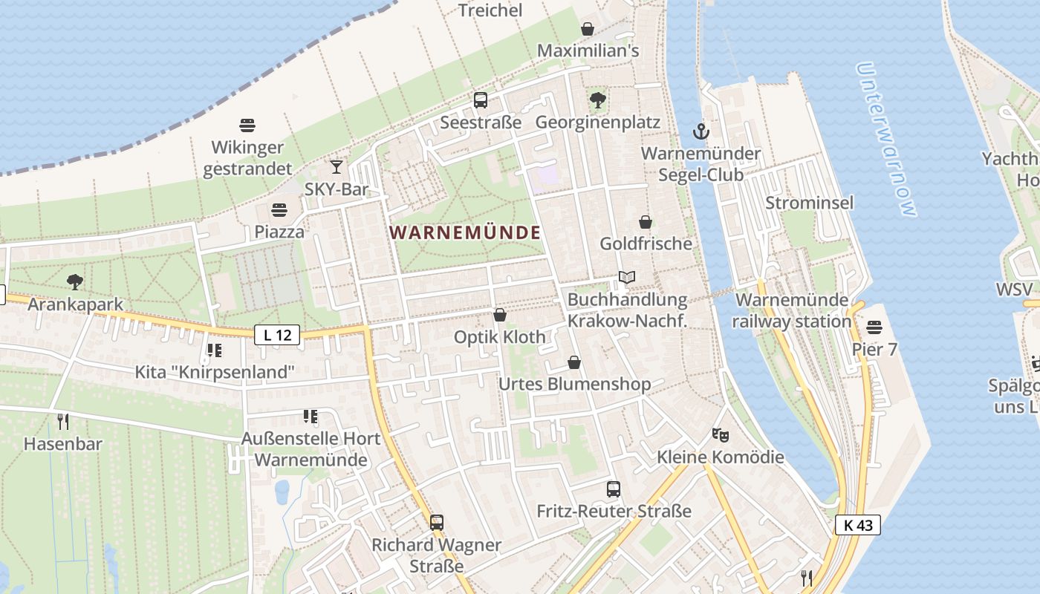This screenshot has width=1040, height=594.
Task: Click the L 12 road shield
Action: (x=278, y=335)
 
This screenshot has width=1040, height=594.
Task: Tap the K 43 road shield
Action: (x=858, y=525)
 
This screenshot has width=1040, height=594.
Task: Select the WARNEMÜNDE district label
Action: (x=465, y=232)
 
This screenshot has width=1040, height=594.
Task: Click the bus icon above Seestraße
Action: (x=481, y=100)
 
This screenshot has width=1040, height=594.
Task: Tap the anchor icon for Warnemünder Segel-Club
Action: (x=701, y=132)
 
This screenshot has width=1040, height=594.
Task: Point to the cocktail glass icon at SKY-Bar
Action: (x=337, y=167)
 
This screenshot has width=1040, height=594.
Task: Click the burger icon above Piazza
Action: (x=279, y=210)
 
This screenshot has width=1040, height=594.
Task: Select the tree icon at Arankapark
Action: (x=74, y=282)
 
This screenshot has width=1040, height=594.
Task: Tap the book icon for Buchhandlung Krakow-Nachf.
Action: (x=627, y=278)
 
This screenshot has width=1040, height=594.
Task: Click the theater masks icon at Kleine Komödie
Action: (x=719, y=434)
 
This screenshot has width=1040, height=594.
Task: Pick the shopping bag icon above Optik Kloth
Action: (x=500, y=315)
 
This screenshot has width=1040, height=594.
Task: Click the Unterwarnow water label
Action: (x=885, y=139)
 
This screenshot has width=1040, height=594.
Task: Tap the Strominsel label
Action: (x=809, y=203)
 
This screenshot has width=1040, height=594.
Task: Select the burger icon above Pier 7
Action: (x=874, y=327)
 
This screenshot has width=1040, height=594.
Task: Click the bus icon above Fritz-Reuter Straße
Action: (x=614, y=489)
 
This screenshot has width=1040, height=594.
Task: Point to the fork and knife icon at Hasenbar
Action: (x=63, y=422)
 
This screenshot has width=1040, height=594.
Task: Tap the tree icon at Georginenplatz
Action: (x=597, y=100)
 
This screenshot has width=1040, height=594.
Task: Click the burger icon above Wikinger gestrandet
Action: (x=247, y=125)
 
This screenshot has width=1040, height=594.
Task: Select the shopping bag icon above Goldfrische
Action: (x=646, y=222)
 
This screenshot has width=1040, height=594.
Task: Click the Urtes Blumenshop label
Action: (x=574, y=384)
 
